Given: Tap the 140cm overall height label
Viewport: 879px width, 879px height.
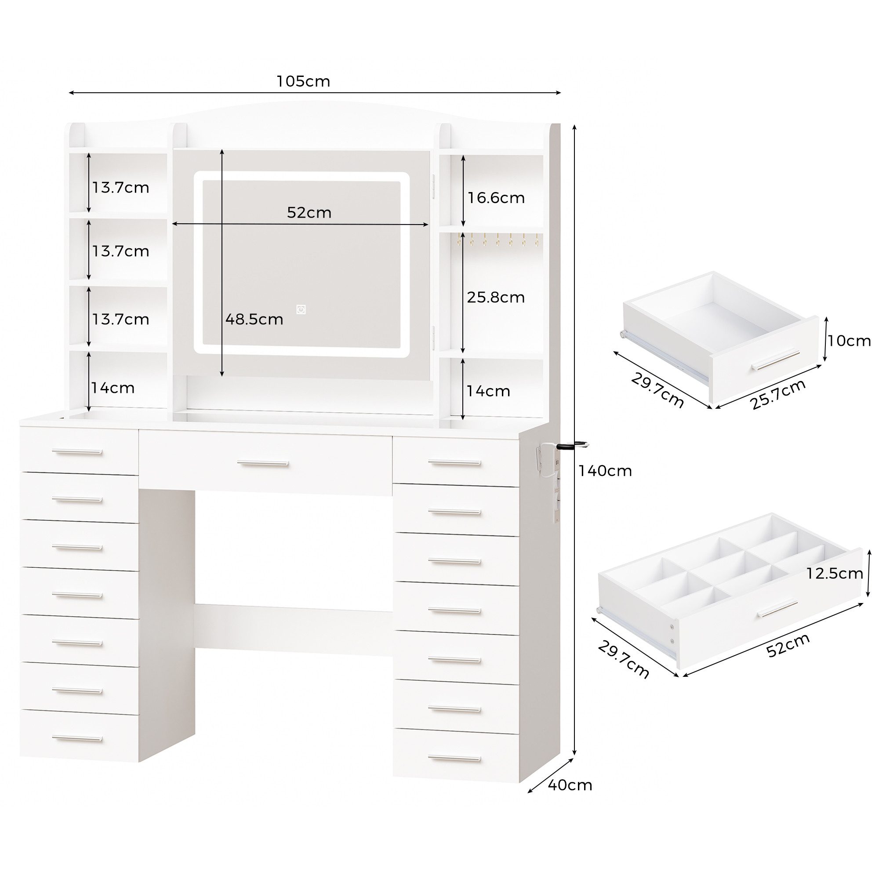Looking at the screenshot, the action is (x=605, y=470).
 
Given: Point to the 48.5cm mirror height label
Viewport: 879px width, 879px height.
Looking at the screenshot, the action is (x=254, y=320).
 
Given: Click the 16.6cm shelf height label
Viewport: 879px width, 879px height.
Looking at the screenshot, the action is (x=496, y=198).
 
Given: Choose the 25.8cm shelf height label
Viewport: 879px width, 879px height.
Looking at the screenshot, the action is (x=496, y=298).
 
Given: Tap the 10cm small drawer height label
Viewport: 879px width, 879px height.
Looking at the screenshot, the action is (x=850, y=341).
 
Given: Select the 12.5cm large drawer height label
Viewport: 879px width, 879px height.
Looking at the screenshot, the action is (x=835, y=574).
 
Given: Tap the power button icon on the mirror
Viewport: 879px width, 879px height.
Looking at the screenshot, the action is (x=301, y=310).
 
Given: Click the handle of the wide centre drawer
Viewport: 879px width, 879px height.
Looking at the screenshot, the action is (x=263, y=463).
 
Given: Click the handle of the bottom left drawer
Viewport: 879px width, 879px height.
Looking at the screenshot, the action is (x=77, y=738).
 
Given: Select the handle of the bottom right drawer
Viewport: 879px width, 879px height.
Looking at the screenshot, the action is (x=454, y=759).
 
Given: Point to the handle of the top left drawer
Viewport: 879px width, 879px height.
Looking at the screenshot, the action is (x=77, y=452).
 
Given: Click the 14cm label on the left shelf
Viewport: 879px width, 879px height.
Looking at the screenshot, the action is (x=113, y=388).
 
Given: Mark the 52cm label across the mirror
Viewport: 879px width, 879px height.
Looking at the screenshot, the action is (x=309, y=212).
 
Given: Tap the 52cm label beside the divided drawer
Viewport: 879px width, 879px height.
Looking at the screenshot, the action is (x=788, y=645).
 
